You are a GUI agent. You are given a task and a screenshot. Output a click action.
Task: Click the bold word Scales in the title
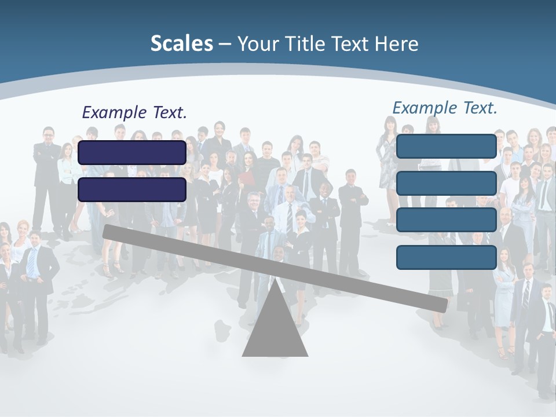click(181, 43)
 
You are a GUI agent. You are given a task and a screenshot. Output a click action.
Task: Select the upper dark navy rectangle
click(132, 152)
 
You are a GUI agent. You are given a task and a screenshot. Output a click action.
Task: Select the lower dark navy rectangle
click(132, 189)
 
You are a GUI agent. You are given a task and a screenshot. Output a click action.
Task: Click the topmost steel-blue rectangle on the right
click(447, 147)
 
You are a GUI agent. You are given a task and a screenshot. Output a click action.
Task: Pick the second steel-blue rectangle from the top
click(447, 183)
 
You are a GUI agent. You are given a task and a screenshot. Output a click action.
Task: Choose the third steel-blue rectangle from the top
click(447, 220)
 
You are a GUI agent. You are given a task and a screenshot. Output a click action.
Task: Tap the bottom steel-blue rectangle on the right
click(447, 257)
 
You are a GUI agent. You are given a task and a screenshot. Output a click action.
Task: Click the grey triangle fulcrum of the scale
click(275, 330)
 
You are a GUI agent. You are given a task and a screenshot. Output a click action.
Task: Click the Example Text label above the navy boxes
click(134, 112)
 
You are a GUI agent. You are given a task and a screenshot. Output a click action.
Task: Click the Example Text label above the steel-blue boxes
click(445, 108)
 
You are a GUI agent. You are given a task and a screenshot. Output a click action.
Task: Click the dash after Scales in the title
click(225, 44)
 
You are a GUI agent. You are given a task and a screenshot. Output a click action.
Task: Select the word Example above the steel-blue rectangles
click(425, 108)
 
